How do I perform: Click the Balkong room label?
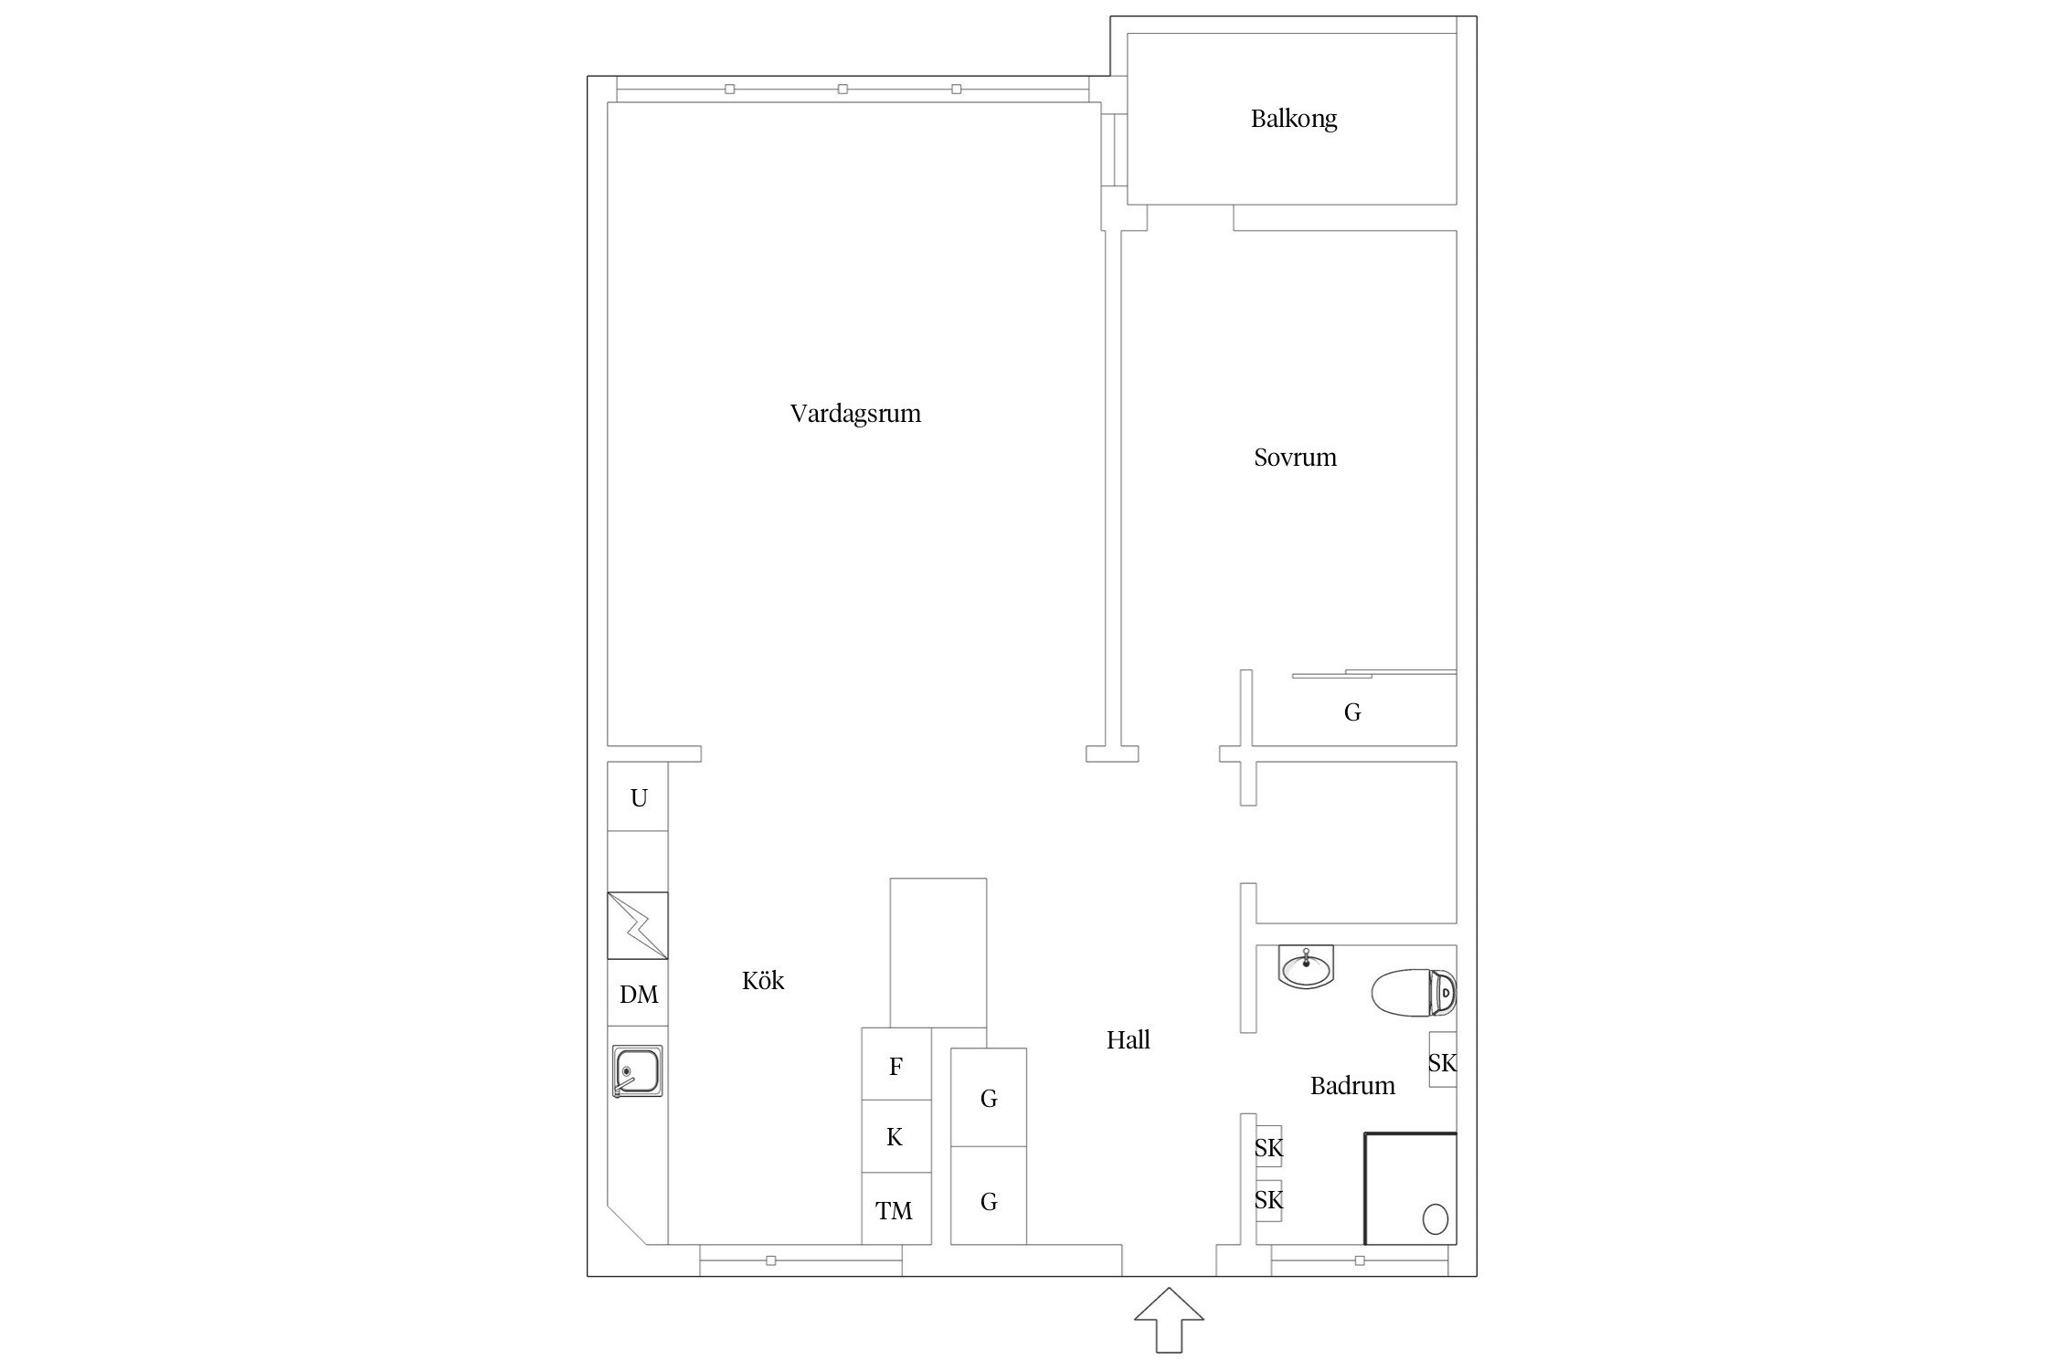coord(1294,119)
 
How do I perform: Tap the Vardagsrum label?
coord(855,414)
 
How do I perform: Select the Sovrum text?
coord(1295,457)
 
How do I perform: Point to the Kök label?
coord(763,980)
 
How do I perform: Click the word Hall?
coord(1129,1039)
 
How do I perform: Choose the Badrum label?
coord(1352,1085)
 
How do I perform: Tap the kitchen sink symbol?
coord(638,1071)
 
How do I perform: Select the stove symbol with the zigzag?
coord(638,925)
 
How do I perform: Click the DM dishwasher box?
coord(638,994)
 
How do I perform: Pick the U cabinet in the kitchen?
coord(638,796)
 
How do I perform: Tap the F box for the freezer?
coord(896,1064)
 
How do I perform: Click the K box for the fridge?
coord(896,1136)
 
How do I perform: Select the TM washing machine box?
coord(896,1208)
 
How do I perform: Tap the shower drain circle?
coord(1436,1219)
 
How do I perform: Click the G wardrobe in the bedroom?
coord(1353,711)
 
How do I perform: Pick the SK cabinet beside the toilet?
coord(1443,1059)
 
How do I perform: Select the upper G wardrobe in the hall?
coord(989,1097)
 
